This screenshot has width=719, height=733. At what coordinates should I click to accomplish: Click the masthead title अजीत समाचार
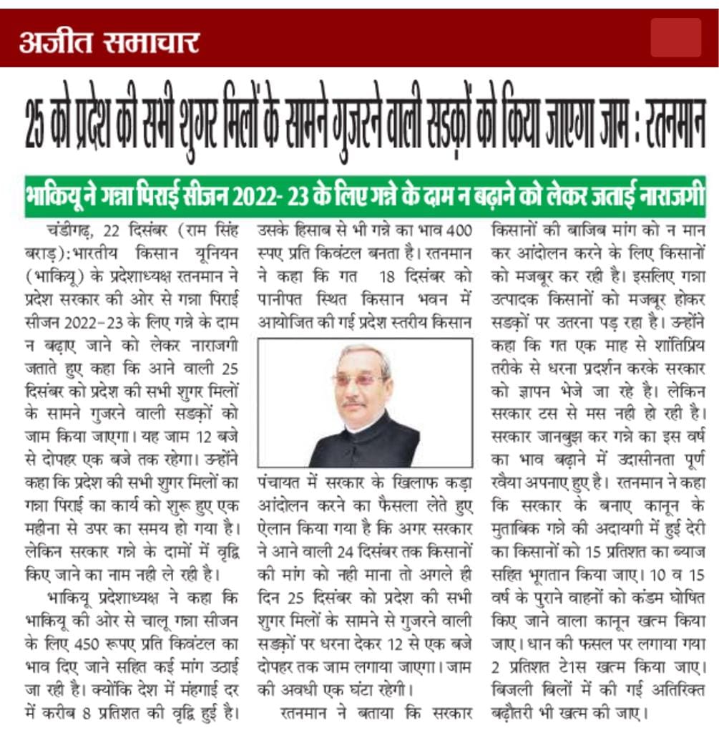click(109, 42)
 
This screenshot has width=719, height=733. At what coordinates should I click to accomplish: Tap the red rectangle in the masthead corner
click(675, 38)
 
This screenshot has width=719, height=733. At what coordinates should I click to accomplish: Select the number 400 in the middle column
click(457, 233)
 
